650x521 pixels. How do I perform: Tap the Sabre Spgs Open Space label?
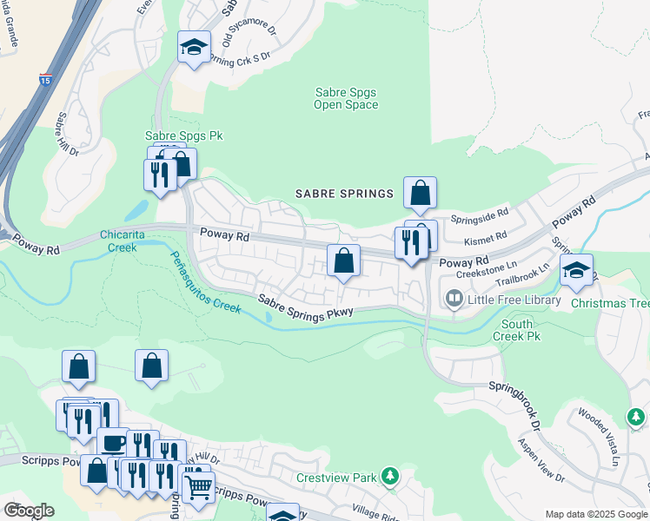tap(346, 98)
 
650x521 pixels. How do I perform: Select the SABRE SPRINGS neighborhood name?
tap(344, 193)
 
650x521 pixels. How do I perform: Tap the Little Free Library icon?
tap(454, 300)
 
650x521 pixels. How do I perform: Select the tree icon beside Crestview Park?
tap(390, 476)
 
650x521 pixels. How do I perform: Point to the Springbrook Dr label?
tap(514, 406)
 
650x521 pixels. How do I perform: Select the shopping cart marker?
tap(198, 488)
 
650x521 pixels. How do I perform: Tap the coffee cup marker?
tap(112, 443)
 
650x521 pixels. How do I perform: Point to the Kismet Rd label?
tap(486, 237)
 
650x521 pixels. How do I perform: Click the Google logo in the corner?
tap(29, 511)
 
